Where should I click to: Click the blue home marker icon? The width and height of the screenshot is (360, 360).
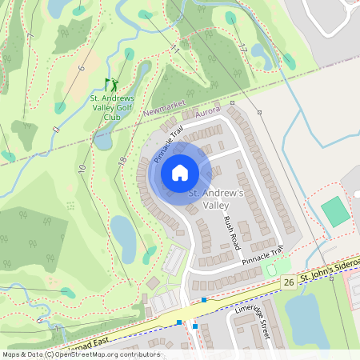pyautogui.click(x=180, y=172)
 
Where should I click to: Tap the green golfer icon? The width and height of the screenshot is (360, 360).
pyautogui.click(x=111, y=84)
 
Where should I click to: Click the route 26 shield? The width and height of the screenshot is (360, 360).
pyautogui.click(x=288, y=282)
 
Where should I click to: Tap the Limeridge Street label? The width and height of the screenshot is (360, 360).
pyautogui.click(x=254, y=320)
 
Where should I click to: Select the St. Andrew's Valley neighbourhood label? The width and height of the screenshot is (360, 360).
pyautogui.click(x=214, y=200)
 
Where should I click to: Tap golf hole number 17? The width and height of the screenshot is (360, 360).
pyautogui.click(x=242, y=47)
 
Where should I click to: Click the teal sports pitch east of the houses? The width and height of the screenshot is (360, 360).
pyautogui.click(x=335, y=211)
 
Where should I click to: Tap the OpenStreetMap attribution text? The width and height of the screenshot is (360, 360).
pyautogui.click(x=80, y=354)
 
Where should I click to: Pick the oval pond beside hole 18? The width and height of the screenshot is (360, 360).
pyautogui.click(x=123, y=233)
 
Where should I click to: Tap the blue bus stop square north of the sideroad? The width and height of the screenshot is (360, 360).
pyautogui.click(x=205, y=300)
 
